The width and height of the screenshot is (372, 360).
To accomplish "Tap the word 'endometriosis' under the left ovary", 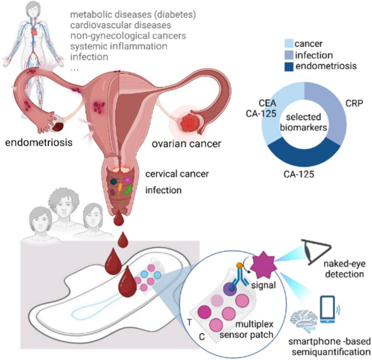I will (x=38, y=143).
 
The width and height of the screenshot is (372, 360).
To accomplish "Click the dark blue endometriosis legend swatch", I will (x=289, y=67).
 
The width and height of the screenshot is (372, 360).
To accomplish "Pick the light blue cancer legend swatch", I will (x=289, y=44).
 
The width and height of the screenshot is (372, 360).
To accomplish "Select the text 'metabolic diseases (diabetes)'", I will (x=133, y=16).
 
